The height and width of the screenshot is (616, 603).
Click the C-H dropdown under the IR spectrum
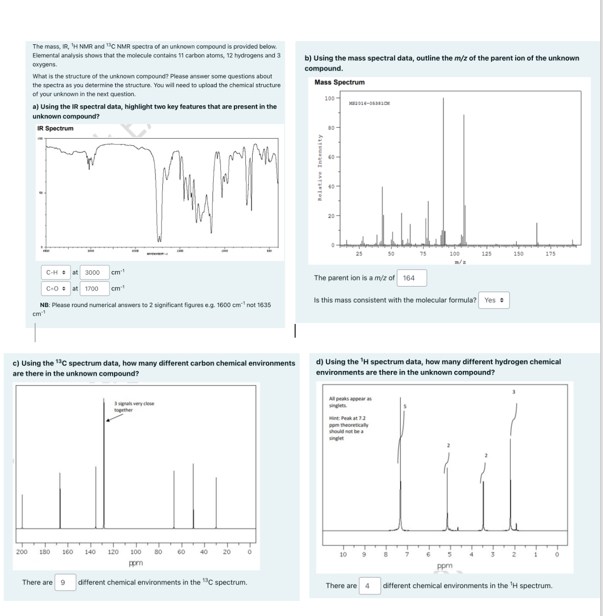click(56, 272)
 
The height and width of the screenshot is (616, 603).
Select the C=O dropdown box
click(56, 289)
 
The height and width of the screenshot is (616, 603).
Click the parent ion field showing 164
click(411, 278)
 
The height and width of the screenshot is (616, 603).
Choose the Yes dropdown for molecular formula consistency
click(494, 300)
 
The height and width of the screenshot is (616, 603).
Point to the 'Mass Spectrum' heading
click(339, 82)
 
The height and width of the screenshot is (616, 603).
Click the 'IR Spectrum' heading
click(55, 128)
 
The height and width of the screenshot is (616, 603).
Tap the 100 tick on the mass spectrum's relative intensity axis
click(329, 99)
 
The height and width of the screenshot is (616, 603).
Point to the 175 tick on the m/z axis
click(551, 254)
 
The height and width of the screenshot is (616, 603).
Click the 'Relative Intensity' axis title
click(320, 167)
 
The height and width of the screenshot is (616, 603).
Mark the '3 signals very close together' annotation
click(134, 407)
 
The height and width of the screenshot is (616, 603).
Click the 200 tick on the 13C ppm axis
click(22, 552)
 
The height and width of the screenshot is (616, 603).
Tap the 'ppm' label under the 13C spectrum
click(136, 563)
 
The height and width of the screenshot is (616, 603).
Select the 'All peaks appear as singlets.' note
click(350, 402)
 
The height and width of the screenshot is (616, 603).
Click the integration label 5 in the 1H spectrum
click(405, 406)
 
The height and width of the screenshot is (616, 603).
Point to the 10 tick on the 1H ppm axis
click(343, 554)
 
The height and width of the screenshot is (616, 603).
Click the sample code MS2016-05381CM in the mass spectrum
click(369, 104)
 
